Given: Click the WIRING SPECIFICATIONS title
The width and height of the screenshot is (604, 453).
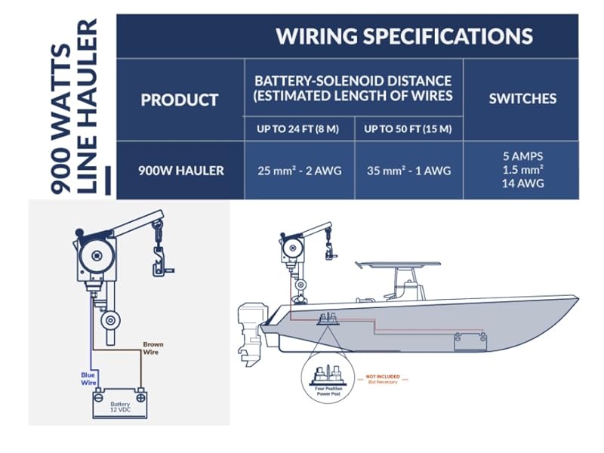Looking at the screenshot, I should point(404,35).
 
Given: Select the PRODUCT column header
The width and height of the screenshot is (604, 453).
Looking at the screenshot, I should point(180,100).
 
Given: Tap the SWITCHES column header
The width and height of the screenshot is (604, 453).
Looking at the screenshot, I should point(522,98).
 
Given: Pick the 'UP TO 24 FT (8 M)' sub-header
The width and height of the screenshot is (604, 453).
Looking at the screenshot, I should point(297,129).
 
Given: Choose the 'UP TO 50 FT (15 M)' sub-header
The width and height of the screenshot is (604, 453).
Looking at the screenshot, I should point(408,129).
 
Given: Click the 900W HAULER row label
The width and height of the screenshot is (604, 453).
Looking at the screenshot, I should point(181,171).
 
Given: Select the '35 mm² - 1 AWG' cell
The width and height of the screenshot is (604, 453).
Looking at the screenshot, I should point(408,171).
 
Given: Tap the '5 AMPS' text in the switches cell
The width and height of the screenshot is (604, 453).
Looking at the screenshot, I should point(522,156).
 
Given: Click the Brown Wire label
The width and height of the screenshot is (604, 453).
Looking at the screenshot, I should point(153,348).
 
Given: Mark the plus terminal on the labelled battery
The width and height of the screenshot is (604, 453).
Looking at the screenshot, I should point(140,394).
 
